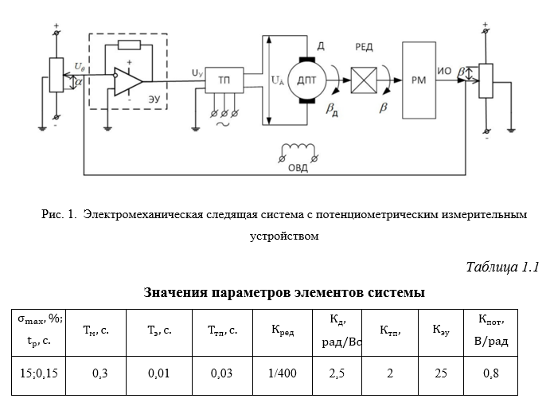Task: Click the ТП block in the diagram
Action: (x=224, y=80)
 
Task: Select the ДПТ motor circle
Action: (x=307, y=80)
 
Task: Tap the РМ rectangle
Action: (x=419, y=80)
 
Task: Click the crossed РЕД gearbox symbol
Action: (x=364, y=80)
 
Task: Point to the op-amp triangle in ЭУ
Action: (x=128, y=81)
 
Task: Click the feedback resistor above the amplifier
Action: (x=130, y=45)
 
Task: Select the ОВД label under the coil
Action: (x=298, y=168)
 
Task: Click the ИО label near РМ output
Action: (x=444, y=71)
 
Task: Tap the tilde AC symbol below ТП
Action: (x=223, y=124)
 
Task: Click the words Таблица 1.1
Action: (x=502, y=267)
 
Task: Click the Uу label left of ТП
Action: (x=197, y=73)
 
